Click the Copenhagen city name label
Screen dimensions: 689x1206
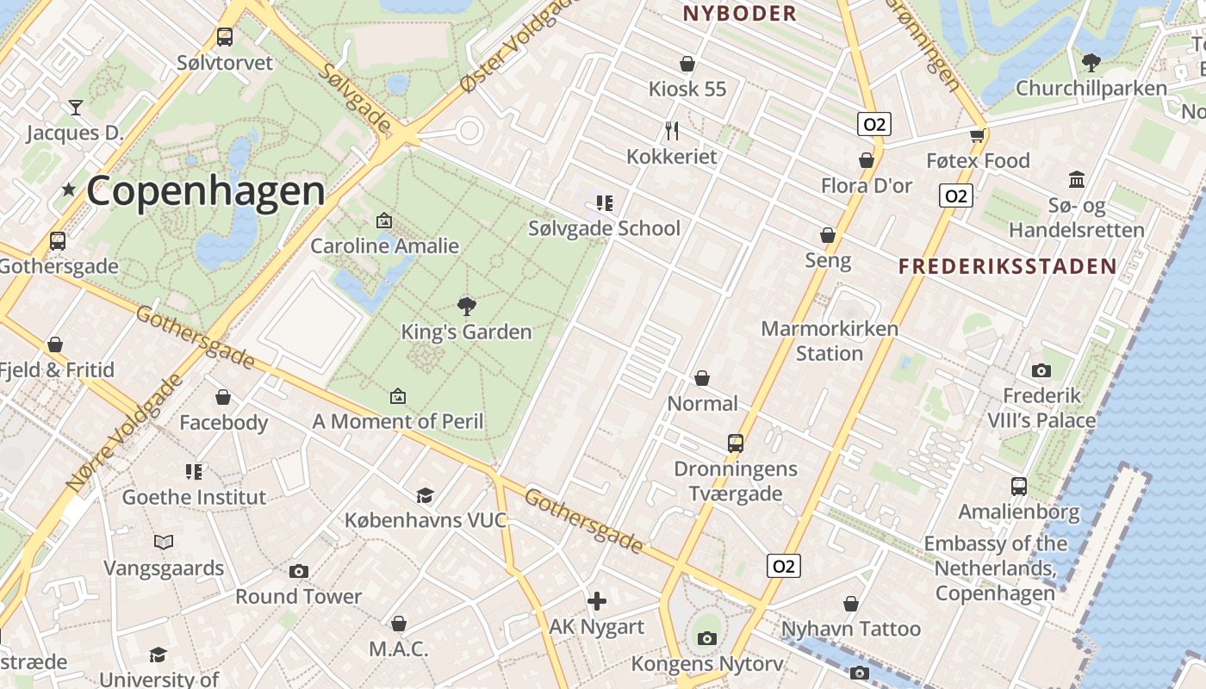[206, 191]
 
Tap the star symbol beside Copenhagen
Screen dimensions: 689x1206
[69, 189]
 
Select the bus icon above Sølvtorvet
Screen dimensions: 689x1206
[225, 37]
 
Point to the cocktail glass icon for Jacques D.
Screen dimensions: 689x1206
[76, 108]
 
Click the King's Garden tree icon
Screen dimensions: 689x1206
[467, 306]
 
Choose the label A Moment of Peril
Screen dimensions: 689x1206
[397, 421]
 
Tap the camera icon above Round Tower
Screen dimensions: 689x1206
[299, 571]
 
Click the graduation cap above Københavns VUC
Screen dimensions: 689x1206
[425, 495]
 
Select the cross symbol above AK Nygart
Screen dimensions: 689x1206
[597, 601]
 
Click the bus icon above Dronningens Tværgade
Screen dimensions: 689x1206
[736, 444]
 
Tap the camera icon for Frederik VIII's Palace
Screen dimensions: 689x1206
[1041, 370]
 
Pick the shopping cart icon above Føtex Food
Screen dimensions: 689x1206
[977, 135]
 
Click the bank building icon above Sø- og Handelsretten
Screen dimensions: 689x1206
[1077, 180]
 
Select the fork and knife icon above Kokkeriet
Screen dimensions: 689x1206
[672, 131]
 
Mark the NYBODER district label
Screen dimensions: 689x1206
[740, 14]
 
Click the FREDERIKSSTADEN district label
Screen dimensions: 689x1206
[1007, 266]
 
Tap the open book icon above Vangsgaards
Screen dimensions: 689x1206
[164, 542]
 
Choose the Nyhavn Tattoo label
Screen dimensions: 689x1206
[851, 629]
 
